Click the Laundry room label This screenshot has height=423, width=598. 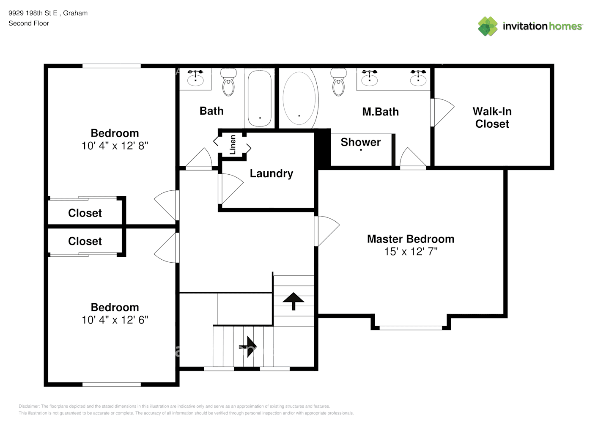pos(271,173)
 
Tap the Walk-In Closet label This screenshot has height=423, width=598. pos(492,118)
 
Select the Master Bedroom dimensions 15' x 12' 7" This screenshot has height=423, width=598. pos(411,252)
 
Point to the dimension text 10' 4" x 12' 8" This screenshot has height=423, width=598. pos(115,146)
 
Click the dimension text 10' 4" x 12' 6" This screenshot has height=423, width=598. pos(115,320)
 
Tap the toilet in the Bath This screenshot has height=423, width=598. pos(228,82)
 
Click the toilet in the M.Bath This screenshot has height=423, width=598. pos(338,82)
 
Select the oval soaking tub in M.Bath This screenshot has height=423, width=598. pos(299,99)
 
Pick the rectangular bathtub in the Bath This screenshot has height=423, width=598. pos(260,98)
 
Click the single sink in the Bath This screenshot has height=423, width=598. pos(195,80)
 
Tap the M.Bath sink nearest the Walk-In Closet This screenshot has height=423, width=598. pos(418,80)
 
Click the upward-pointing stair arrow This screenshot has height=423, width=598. pos(294,301)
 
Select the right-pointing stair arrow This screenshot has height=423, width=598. pos(248,346)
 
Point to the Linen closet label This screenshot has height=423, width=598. pos(233,145)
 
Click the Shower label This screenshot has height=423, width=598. pos(361,142)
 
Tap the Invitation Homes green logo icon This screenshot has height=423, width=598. pos(488,26)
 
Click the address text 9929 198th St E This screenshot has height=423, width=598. pos(33,13)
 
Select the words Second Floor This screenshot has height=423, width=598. pos(29,24)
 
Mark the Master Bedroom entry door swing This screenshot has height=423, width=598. pos(327,231)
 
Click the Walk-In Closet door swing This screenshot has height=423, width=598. pos(442,113)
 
